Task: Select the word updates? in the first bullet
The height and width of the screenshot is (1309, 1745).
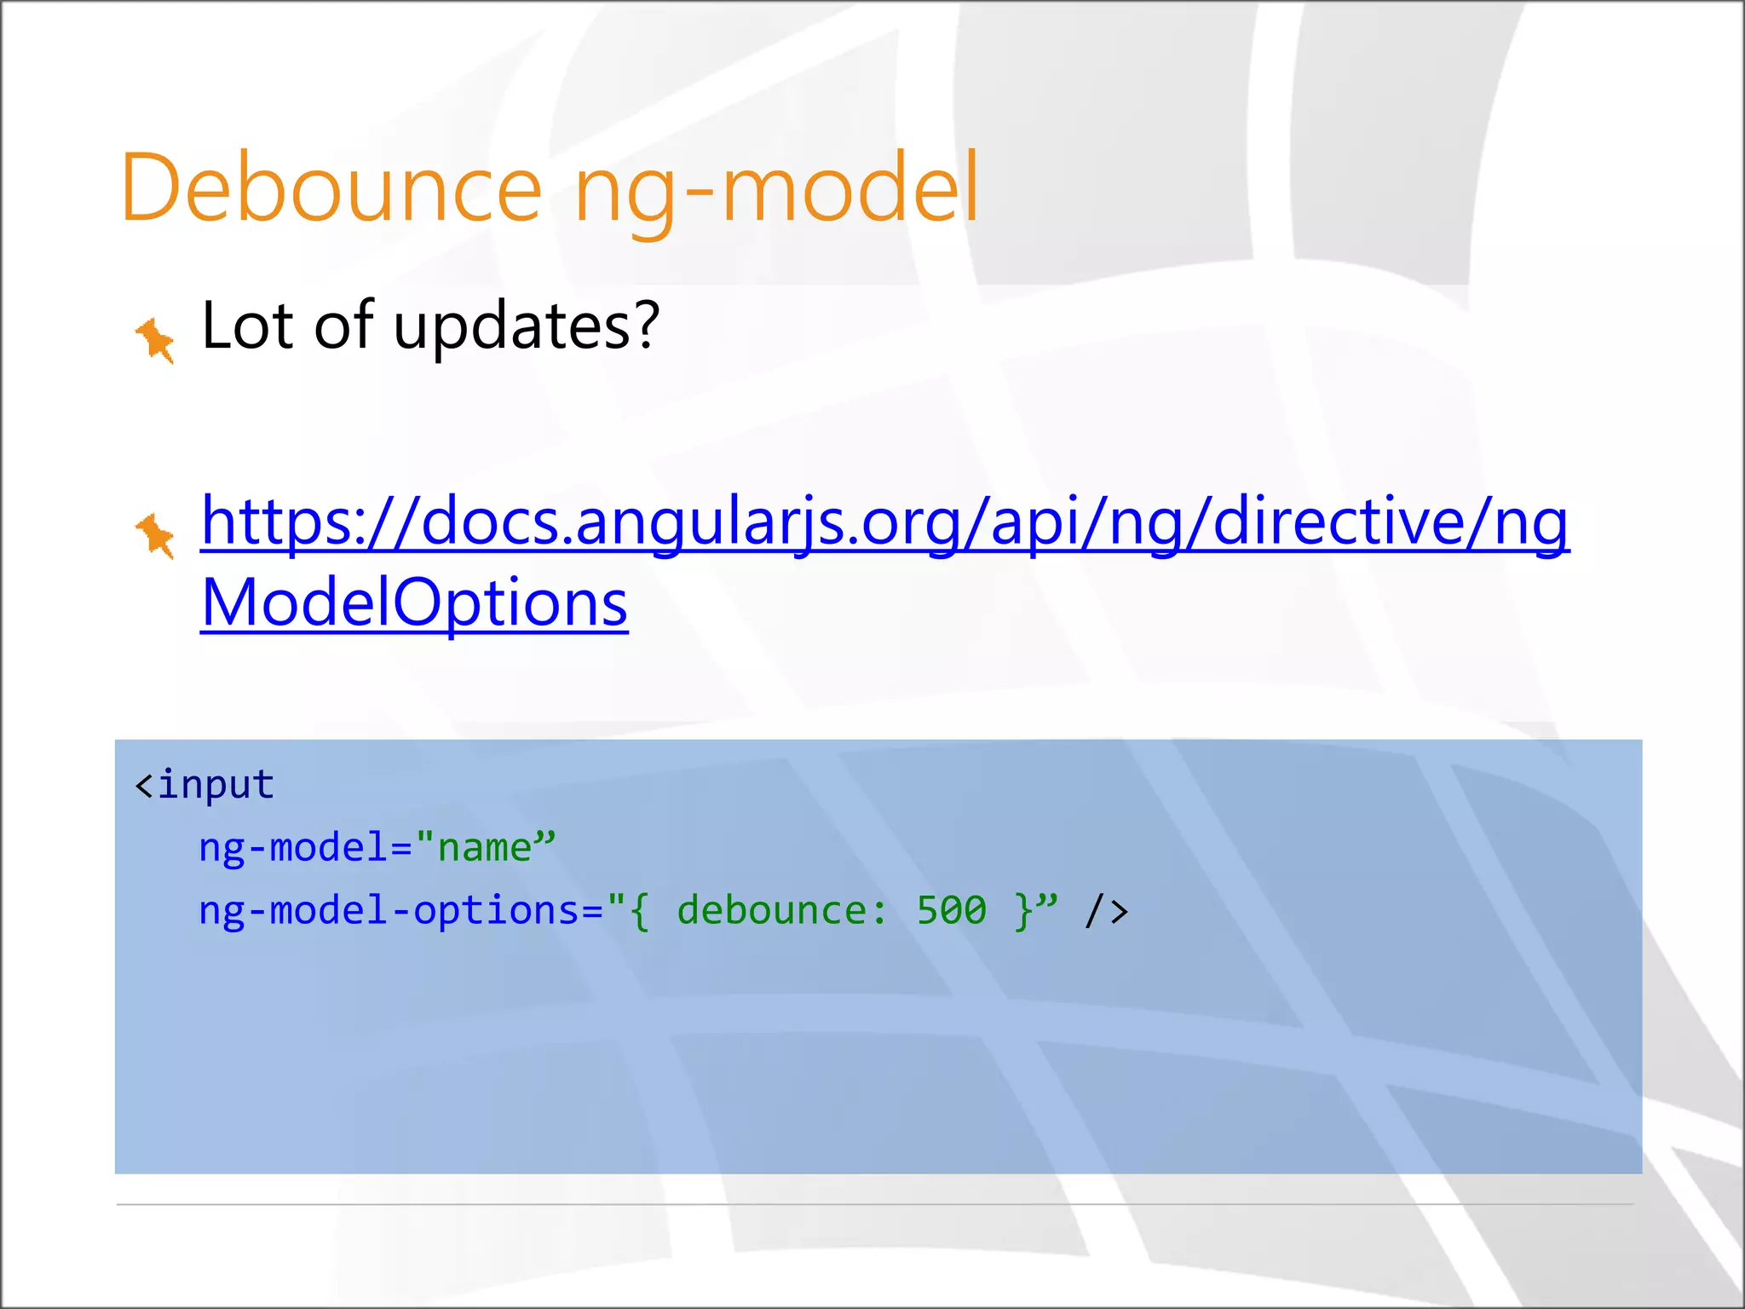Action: click(x=526, y=327)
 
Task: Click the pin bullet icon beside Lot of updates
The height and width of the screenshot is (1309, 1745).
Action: click(x=156, y=340)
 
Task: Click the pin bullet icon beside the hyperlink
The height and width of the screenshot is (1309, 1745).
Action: click(x=156, y=535)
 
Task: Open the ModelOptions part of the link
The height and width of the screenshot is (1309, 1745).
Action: click(x=414, y=603)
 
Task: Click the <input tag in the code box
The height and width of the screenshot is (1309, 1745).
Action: click(x=204, y=784)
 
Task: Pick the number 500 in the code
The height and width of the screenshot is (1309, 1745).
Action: click(x=951, y=910)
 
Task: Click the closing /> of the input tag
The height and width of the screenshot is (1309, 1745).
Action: click(x=1106, y=911)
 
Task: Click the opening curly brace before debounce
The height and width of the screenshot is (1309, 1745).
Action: click(x=640, y=911)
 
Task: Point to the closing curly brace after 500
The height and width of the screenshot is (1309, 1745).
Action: click(x=1023, y=911)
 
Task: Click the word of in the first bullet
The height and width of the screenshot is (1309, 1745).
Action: click(x=343, y=326)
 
